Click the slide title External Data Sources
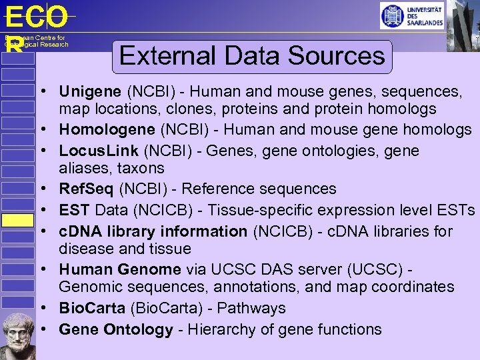click(252, 55)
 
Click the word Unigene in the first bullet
click(90, 91)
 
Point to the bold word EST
click(74, 211)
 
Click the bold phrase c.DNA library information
click(153, 231)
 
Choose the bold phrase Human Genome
click(119, 269)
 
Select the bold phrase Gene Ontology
click(115, 329)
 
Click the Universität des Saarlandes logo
click(411, 15)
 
